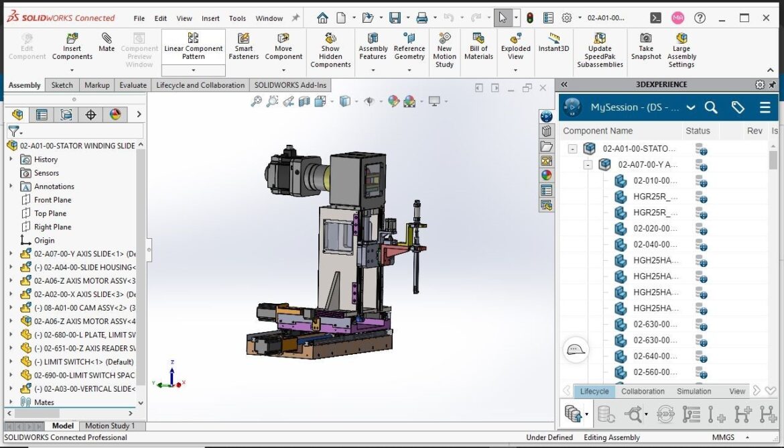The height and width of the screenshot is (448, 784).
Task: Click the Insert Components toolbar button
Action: [x=72, y=46]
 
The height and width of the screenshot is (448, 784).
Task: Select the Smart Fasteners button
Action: [x=244, y=46]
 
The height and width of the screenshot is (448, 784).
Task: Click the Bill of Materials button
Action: [x=478, y=46]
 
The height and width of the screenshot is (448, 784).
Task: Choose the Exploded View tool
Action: [x=515, y=46]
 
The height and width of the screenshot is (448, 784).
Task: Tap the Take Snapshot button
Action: [x=645, y=46]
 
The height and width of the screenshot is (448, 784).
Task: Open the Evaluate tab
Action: [x=133, y=85]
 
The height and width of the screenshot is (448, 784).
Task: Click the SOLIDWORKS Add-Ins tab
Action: [x=290, y=85]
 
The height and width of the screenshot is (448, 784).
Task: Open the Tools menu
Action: [x=237, y=18]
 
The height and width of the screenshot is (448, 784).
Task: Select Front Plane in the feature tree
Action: [x=52, y=200]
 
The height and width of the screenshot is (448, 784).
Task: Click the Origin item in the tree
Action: [x=44, y=240]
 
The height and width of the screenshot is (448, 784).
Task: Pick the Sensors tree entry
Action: [x=46, y=173]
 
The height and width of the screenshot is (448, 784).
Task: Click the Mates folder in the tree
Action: [x=44, y=402]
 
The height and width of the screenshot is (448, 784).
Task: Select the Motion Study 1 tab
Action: [x=110, y=426]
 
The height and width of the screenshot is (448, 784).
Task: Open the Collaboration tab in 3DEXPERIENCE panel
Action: [x=643, y=391]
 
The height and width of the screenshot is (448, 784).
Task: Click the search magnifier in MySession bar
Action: [x=711, y=107]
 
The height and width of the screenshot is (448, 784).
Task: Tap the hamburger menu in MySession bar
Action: [x=765, y=107]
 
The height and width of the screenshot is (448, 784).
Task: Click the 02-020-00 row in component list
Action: [x=655, y=229]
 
